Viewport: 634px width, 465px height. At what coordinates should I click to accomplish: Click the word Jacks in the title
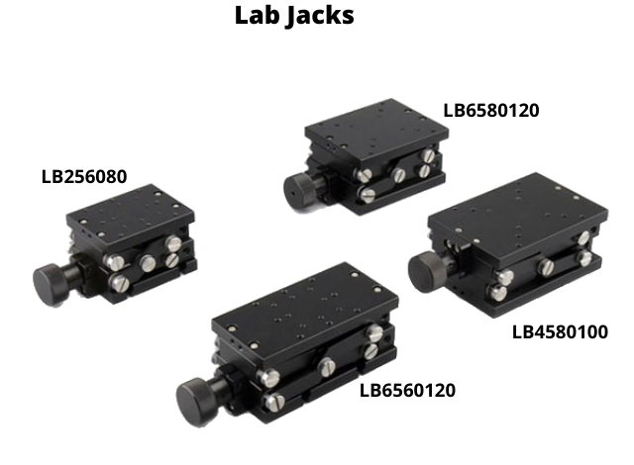pos(321,17)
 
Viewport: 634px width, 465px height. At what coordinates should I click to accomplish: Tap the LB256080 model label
pos(84,177)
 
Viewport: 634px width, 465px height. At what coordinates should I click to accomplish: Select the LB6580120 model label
pos(491,111)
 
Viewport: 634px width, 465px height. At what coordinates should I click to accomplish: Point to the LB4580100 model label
pos(560,332)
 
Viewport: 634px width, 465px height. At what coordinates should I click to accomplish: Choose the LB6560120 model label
pos(407,391)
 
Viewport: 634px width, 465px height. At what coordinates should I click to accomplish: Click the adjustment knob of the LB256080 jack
pos(52,284)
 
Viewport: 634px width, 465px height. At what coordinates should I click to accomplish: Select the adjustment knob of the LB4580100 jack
pos(427,271)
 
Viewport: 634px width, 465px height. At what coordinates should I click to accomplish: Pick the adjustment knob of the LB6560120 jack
pos(198,402)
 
